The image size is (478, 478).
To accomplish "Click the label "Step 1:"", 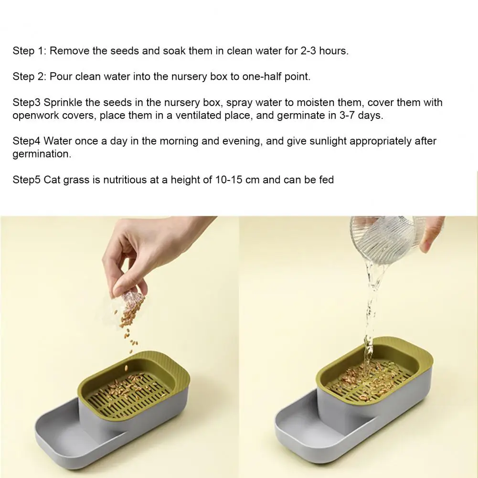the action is pos(29,51).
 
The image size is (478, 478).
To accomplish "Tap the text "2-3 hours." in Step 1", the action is pos(324,51).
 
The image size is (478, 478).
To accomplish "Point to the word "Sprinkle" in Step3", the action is pos(63,102).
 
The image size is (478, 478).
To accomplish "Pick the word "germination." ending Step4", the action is pos(42,154).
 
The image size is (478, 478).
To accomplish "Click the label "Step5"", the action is pos(26,180).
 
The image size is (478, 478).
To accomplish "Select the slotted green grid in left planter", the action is pos(128,396).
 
